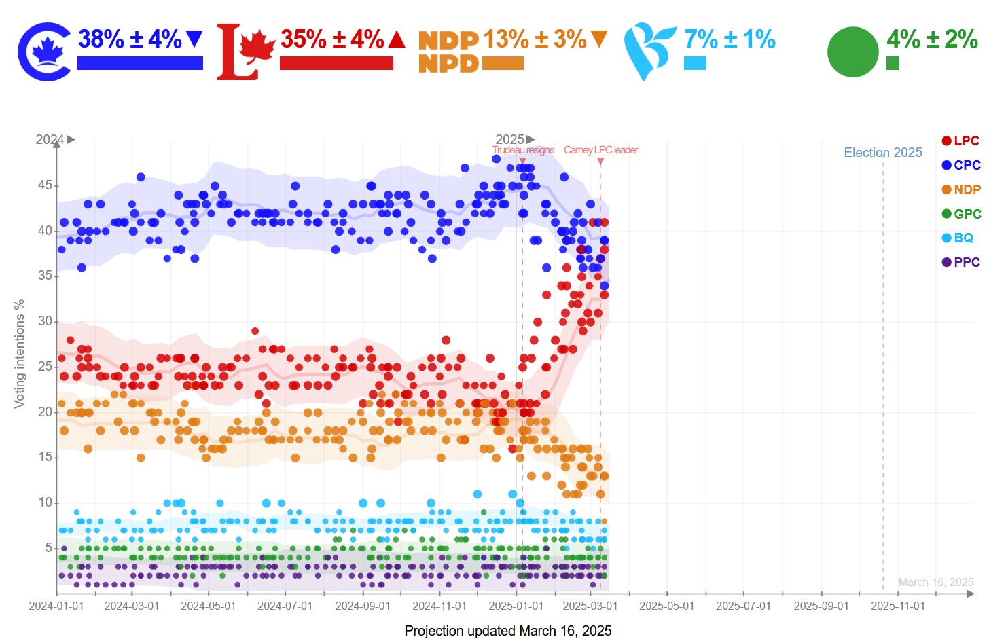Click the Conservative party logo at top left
tap(44, 52)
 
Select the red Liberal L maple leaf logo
tap(245, 52)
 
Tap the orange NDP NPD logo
tap(448, 52)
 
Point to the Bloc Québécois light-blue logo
tap(649, 52)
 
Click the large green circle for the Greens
tap(853, 52)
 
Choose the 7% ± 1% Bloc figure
tap(730, 39)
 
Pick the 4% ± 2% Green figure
tap(932, 39)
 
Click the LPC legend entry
tap(960, 141)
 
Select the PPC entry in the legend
tap(960, 262)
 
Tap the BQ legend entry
tap(958, 238)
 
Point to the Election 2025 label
tap(883, 153)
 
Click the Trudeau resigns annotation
tap(523, 150)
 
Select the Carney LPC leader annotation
tap(600, 150)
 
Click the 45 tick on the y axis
tap(45, 185)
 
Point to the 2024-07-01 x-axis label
tap(285, 606)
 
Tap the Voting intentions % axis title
tap(19, 353)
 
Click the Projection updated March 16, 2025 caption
tap(507, 631)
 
